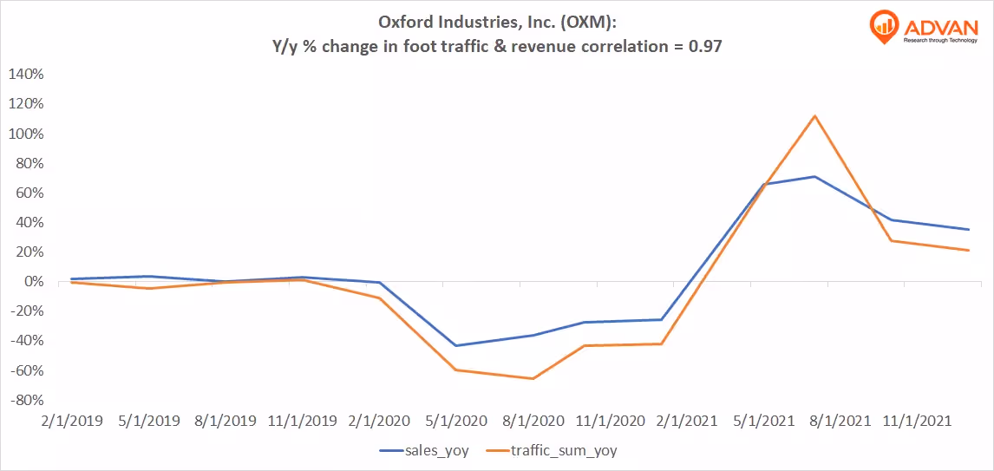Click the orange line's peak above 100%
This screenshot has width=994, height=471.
(x=814, y=116)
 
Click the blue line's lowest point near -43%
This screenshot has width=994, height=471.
(x=456, y=345)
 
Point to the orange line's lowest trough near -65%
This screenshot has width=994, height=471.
(x=533, y=378)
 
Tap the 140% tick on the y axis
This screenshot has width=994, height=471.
(x=26, y=75)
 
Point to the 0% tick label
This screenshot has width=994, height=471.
(x=33, y=282)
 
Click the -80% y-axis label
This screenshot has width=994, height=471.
(x=25, y=401)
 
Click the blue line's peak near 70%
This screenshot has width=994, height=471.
(x=814, y=177)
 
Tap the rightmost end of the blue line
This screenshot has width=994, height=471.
(x=968, y=229)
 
